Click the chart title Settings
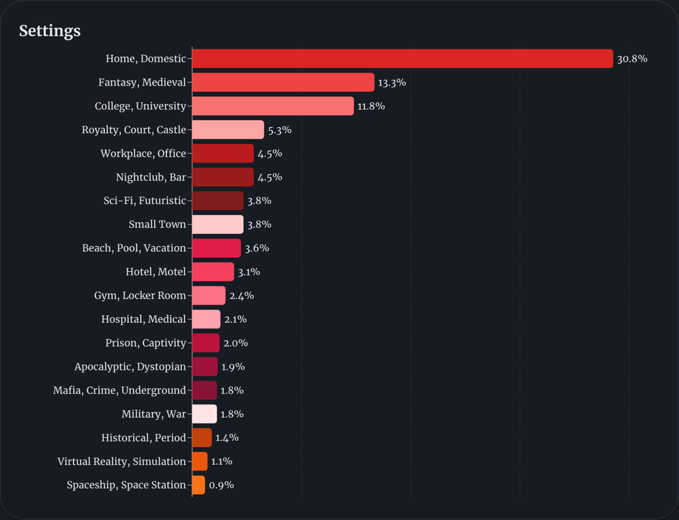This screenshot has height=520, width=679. pos(50,31)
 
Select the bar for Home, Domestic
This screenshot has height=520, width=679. pos(402,58)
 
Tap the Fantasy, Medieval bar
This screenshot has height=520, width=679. pos(283,82)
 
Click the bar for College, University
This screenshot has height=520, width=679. pos(273,106)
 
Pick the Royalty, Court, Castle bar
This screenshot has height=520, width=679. pos(228,130)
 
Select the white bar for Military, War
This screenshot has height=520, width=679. pos(204,414)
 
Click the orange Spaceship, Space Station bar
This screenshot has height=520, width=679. pos(198,485)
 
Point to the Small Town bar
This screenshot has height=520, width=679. pos(218,224)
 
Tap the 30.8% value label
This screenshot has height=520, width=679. pos(632,59)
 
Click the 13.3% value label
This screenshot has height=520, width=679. pos(392,83)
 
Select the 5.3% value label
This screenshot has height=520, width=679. pos(280,130)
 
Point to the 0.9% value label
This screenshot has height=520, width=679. pos(221,485)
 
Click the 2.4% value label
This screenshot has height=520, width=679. pos(241,295)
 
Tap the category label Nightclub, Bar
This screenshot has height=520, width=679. pos(151,177)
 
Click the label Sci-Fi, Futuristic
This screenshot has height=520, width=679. pos(145,201)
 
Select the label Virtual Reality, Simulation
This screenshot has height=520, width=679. pos(121,462)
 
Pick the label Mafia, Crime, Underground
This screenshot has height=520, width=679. pos(119,391)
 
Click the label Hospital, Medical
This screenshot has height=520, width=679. pos(143,319)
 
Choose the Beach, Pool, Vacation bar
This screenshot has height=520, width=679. pos(216,248)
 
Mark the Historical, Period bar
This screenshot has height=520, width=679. pos(202,438)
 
